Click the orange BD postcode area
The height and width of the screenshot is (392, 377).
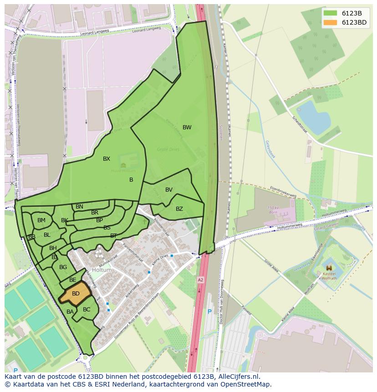(x=75, y=295)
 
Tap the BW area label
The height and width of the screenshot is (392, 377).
(x=187, y=127)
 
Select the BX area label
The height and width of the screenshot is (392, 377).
(x=107, y=159)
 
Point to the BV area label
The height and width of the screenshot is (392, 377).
(x=169, y=190)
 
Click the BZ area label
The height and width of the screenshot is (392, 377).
(x=179, y=209)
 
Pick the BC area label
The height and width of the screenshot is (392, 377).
(x=87, y=310)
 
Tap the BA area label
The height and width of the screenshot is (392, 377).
(x=70, y=312)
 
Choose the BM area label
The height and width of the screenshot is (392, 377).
(x=41, y=220)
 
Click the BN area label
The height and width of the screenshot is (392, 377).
(x=79, y=207)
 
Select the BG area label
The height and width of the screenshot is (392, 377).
(x=63, y=267)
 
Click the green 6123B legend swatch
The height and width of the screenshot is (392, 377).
(x=330, y=13)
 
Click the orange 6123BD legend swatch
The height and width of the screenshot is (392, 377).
(x=330, y=22)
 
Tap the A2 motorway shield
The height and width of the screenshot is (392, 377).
(x=200, y=280)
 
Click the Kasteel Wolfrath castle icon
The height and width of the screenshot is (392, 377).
(x=329, y=268)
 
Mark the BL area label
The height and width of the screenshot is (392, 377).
(x=47, y=235)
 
